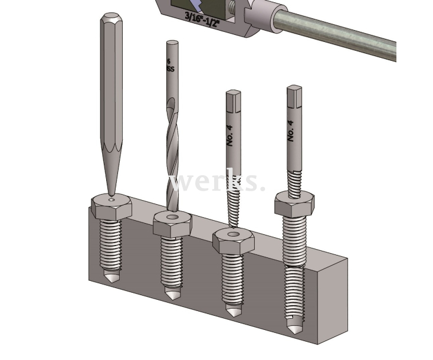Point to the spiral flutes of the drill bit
[171, 148]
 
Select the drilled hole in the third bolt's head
[234, 234]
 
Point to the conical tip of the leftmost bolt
[112, 277]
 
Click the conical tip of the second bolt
[172, 293]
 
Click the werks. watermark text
[216, 182]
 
